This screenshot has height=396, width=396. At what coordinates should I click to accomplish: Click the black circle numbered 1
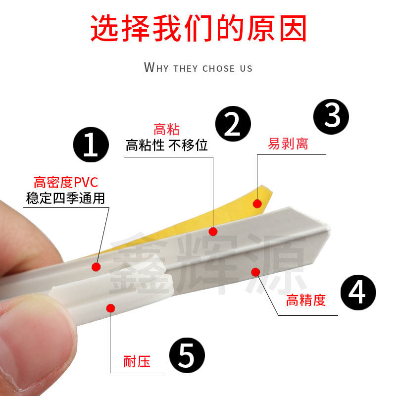click(91, 145)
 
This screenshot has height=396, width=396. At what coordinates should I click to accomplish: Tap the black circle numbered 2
click(233, 124)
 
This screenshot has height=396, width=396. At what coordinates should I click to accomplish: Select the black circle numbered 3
click(331, 116)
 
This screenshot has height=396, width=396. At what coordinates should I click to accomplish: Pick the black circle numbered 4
click(358, 293)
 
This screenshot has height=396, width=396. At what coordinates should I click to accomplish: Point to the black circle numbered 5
click(187, 355)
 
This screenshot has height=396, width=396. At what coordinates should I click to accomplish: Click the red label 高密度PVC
click(66, 182)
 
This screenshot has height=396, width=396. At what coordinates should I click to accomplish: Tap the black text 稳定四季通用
click(65, 198)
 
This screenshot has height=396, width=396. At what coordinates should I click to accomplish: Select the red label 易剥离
click(288, 144)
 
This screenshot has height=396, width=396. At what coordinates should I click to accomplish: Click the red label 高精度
click(306, 300)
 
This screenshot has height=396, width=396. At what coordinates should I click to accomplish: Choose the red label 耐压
click(137, 361)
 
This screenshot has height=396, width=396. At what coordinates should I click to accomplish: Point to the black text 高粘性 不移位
click(167, 145)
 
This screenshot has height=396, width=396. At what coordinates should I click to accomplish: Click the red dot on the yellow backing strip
click(257, 203)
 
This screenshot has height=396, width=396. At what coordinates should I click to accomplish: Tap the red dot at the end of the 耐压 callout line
click(110, 308)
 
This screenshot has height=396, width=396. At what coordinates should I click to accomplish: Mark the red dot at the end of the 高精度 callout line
click(255, 272)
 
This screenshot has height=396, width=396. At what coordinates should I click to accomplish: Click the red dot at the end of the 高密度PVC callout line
click(96, 267)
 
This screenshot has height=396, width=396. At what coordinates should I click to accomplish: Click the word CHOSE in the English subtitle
click(219, 68)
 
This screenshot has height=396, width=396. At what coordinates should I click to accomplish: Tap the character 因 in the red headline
click(294, 28)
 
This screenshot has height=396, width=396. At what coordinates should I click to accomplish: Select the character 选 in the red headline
click(104, 28)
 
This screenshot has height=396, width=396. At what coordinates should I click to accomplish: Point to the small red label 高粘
click(167, 129)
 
